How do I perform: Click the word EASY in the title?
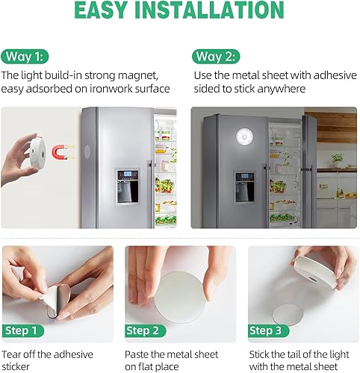107,11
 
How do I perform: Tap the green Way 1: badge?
26,57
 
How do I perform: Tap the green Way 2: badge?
217,57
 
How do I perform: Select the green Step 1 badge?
25,330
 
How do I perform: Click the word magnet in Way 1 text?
142,75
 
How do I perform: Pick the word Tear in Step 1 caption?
13,354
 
